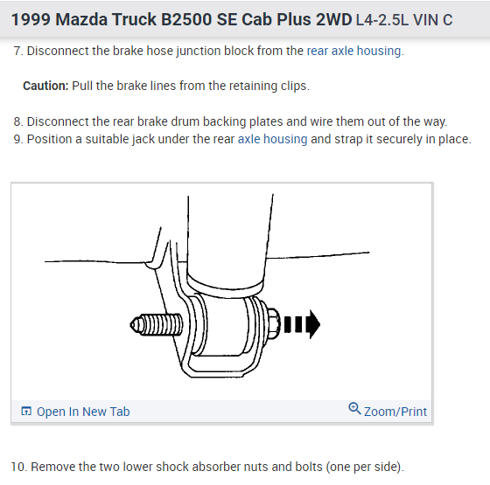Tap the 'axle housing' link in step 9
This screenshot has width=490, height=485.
click(272, 139)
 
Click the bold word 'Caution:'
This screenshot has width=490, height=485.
click(45, 86)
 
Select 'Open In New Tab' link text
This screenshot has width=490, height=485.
click(83, 412)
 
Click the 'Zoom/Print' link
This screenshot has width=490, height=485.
click(395, 412)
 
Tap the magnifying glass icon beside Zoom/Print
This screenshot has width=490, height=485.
click(354, 409)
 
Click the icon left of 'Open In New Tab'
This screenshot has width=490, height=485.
click(26, 412)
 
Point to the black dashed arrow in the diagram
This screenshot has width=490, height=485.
click(302, 324)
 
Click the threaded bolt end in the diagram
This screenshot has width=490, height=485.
click(157, 324)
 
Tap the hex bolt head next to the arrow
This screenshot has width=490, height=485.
click(273, 323)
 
